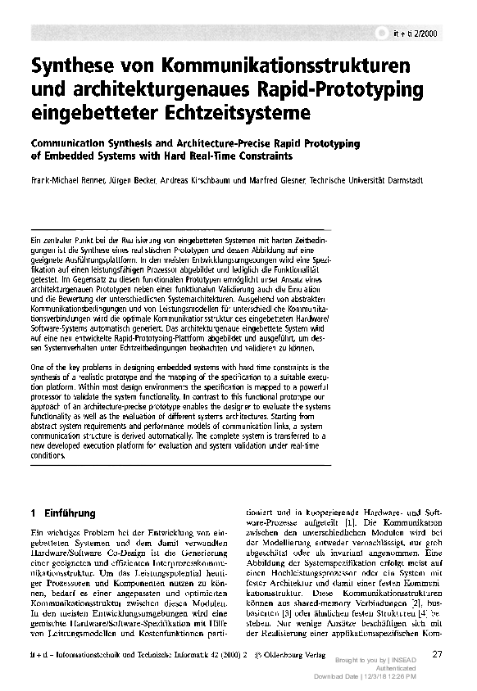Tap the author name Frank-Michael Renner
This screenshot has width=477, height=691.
coord(63,180)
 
